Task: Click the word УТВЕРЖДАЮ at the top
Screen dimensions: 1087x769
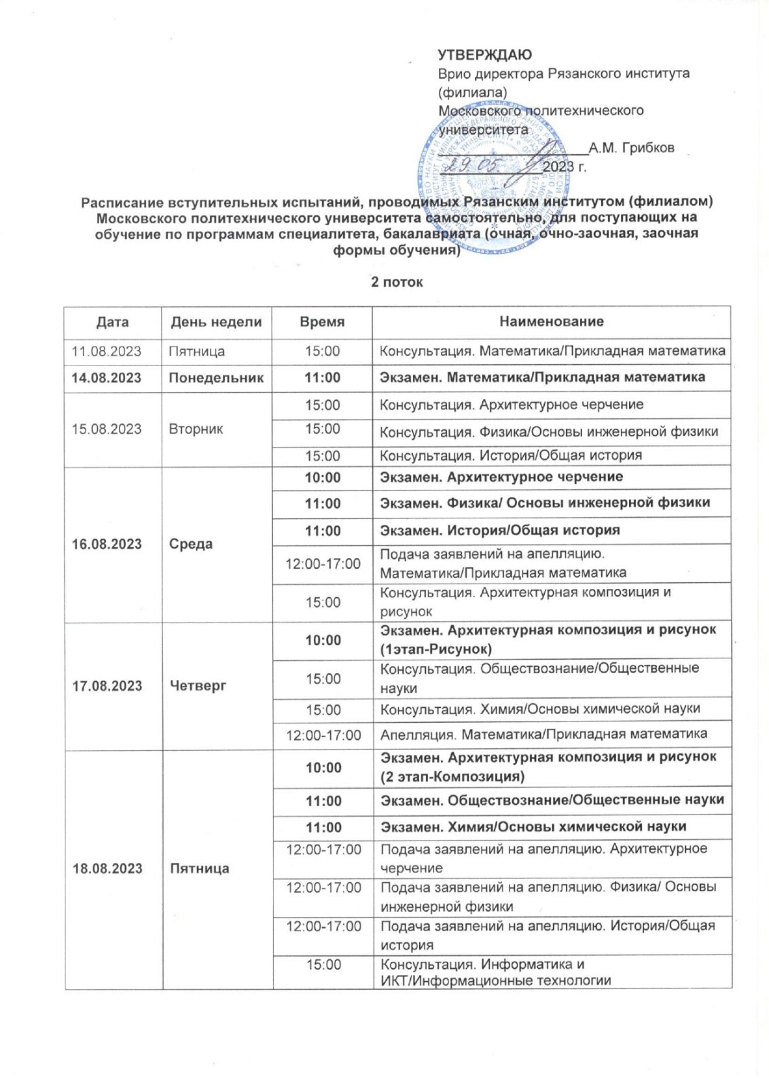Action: (484, 55)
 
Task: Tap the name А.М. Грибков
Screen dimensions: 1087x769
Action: (631, 148)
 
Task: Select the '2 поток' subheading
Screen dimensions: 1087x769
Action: (397, 282)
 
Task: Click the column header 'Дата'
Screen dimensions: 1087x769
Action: (113, 322)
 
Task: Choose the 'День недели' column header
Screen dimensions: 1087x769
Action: (216, 322)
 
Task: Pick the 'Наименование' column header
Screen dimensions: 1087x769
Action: (551, 321)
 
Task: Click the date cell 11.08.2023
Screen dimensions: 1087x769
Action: (107, 351)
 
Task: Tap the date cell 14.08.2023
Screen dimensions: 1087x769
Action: (107, 378)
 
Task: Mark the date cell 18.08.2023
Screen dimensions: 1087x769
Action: (107, 868)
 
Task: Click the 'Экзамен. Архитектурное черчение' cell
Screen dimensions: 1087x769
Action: (501, 477)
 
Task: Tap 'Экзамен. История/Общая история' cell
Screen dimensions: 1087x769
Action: (499, 530)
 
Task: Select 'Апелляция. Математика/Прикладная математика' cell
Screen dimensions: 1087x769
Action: (543, 734)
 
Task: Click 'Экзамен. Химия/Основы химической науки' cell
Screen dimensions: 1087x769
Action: (533, 827)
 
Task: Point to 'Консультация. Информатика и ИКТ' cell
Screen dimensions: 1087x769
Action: (496, 972)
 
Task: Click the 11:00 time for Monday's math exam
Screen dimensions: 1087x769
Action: (322, 378)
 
